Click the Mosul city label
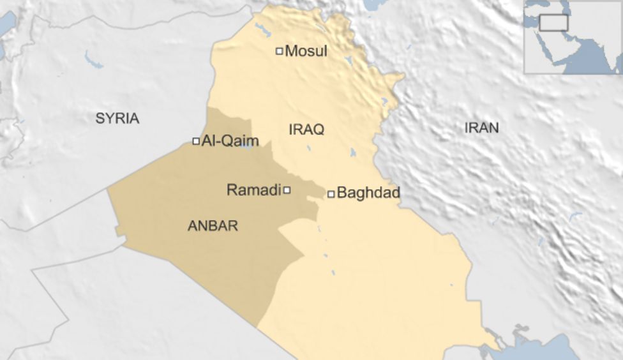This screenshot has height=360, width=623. coord(306,51)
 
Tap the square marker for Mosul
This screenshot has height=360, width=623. coord(279,51)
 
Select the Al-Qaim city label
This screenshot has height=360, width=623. coord(230,141)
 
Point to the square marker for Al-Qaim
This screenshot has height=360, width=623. coord(196,141)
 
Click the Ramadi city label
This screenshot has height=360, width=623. coord(253,190)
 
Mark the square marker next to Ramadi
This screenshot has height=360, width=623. coord(287,190)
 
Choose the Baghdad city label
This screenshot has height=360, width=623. coord(368,193)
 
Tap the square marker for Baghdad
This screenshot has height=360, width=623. coord(331,193)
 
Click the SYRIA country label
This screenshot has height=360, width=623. coord(117,118)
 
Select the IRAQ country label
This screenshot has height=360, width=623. coord(306,130)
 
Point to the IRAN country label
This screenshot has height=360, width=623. coord(481,128)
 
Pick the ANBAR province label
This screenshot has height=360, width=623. coord(213,225)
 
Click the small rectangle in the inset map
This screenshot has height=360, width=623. coord(553,23)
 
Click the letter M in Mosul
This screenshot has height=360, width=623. coord(292,51)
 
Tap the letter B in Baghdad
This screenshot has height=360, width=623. coord(342,193)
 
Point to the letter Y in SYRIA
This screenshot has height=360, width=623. coord(109,118)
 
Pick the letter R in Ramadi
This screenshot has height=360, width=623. coord(232,190)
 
